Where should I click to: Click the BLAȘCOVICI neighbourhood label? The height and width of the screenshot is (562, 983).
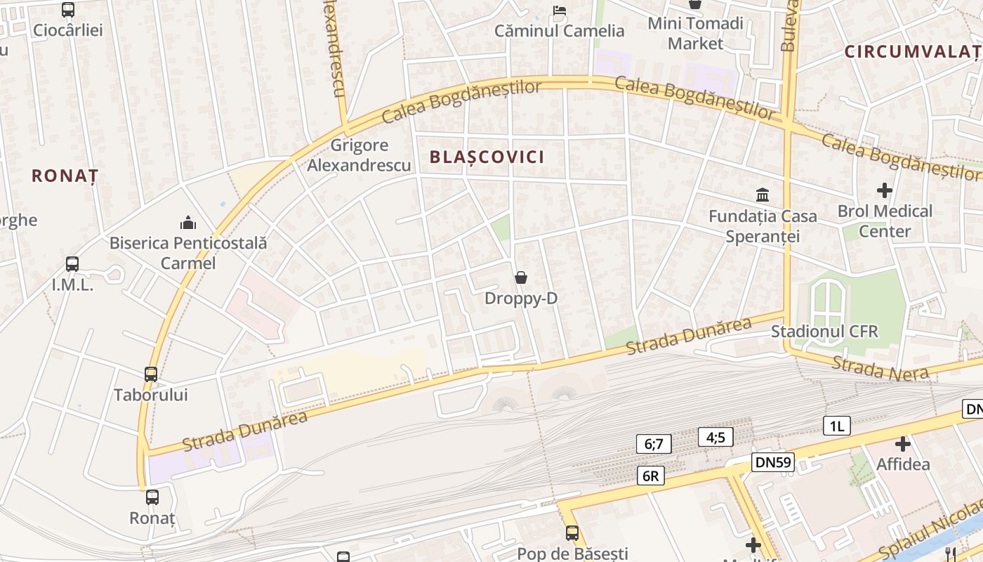pyautogui.click(x=487, y=157)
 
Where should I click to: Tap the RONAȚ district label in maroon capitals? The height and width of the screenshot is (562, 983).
pyautogui.click(x=65, y=176)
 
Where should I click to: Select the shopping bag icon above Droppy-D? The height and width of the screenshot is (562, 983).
pyautogui.click(x=521, y=277)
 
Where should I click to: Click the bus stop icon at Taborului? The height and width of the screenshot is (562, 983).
pyautogui.click(x=151, y=374)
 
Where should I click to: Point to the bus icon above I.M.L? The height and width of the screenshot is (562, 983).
pyautogui.click(x=72, y=264)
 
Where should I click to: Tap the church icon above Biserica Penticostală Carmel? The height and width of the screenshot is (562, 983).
pyautogui.click(x=188, y=223)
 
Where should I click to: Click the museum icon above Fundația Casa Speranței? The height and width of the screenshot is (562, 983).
pyautogui.click(x=763, y=195)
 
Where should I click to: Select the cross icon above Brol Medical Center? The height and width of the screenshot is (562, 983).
pyautogui.click(x=885, y=190)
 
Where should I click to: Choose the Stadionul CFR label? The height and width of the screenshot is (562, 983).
pyautogui.click(x=824, y=332)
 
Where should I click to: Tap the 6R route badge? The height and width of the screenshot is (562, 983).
pyautogui.click(x=651, y=476)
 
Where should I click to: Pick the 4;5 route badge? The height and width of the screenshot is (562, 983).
pyautogui.click(x=715, y=438)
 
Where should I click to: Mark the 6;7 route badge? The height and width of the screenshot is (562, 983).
pyautogui.click(x=654, y=444)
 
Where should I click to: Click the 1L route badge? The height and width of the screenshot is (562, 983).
pyautogui.click(x=836, y=426)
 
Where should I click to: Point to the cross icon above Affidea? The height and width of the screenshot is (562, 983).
pyautogui.click(x=903, y=444)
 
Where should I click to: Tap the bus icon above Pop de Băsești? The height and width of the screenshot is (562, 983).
pyautogui.click(x=572, y=533)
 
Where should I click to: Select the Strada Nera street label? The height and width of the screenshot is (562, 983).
pyautogui.click(x=880, y=367)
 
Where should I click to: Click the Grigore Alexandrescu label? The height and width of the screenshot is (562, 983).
pyautogui.click(x=359, y=155)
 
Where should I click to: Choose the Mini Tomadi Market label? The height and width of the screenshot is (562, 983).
pyautogui.click(x=695, y=33)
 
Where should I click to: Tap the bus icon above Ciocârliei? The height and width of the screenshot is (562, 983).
pyautogui.click(x=68, y=10)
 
